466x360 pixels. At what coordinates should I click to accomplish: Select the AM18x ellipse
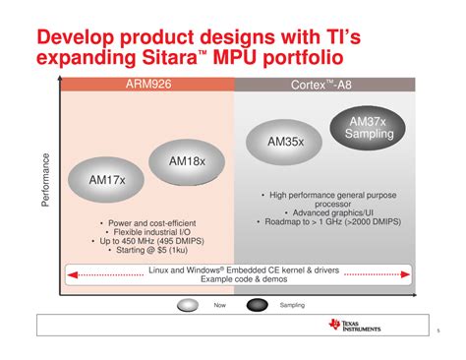coord(186,160)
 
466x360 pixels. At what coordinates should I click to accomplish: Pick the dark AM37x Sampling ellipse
coord(372,128)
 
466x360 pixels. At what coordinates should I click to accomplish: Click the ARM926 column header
coord(146,86)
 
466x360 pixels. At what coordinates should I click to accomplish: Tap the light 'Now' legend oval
coord(191,305)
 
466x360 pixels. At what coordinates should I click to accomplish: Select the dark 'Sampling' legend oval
coord(258,305)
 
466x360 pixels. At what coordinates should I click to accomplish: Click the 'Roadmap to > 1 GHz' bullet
coord(331,222)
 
